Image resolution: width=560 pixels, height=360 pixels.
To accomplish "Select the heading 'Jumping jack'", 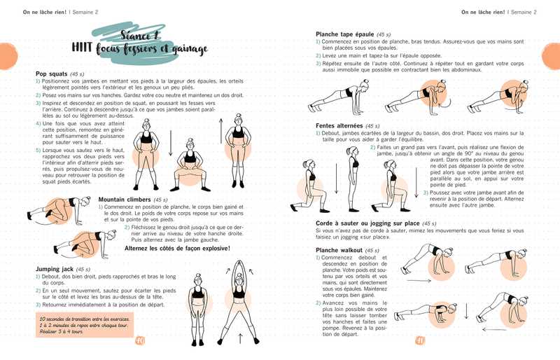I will tap(55, 268).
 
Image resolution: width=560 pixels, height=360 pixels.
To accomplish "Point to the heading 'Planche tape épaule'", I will tap(345, 34).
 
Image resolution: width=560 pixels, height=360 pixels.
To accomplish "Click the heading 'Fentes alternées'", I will tap(339, 125).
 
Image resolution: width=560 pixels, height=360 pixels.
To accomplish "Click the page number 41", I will tap(420, 341).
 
